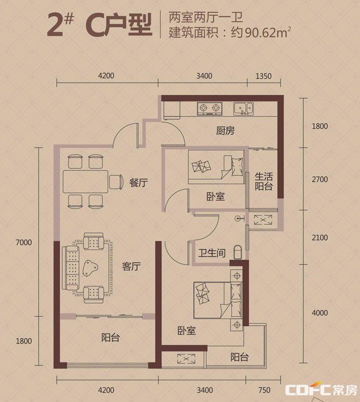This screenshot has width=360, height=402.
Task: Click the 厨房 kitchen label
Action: coord(225,131)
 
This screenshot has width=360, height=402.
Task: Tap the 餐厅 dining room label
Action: coord(138,183)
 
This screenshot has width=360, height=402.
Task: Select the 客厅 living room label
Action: coord(131,267)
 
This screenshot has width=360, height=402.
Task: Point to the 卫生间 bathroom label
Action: coord(212,253)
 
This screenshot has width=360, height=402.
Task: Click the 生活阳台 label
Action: coord(263,181)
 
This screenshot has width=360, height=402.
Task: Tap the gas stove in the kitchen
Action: coord(210,109)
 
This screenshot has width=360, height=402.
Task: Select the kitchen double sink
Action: coord(243,109)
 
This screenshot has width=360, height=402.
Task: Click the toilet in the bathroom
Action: coord(238,252)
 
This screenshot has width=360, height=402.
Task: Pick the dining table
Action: coord(85,182)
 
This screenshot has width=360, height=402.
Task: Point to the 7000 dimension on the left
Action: coord(24,242)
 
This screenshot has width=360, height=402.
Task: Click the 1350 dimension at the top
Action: coord(263,76)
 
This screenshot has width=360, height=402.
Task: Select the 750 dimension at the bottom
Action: coord(264,390)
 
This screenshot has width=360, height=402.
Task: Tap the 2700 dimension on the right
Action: coord(320,179)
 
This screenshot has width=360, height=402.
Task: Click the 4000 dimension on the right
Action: coord(320,313)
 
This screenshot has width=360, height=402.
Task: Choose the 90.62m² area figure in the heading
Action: coord(268,32)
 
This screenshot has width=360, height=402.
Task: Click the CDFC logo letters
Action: coord(308,390)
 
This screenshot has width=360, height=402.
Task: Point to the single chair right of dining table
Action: coord(115,182)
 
